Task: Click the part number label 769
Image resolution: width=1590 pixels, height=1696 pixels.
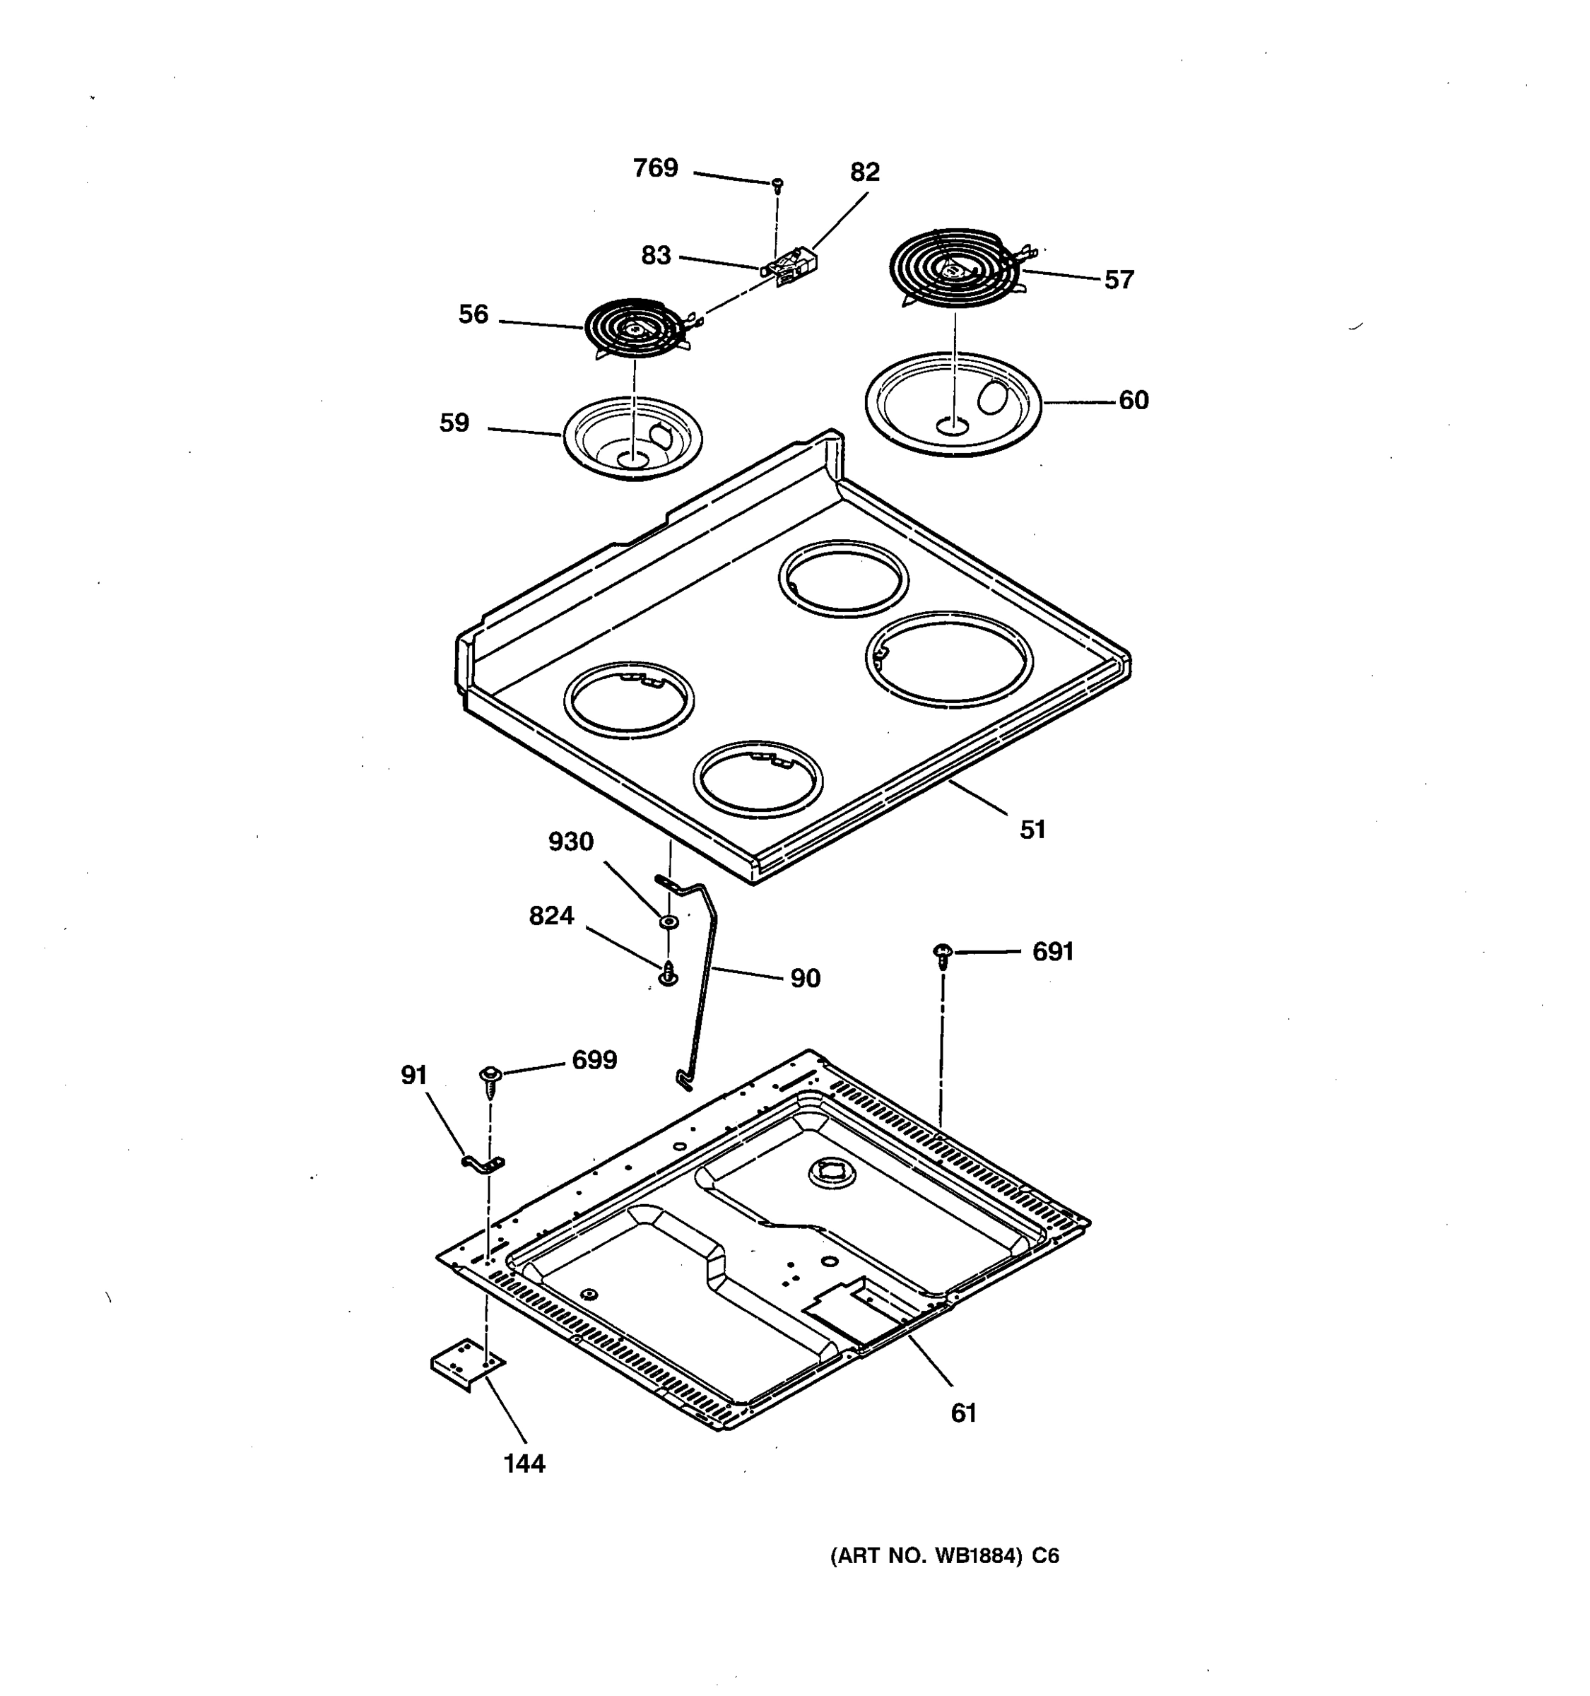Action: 655,168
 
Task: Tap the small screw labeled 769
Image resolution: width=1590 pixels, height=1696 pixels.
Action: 777,184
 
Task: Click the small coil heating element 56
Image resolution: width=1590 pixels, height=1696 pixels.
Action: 634,328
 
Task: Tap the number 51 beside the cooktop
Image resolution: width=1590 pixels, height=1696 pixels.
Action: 1032,829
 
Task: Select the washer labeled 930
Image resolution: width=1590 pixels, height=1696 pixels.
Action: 669,921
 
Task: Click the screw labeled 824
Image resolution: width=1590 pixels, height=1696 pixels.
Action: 669,973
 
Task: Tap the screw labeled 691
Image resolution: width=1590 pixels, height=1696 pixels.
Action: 943,954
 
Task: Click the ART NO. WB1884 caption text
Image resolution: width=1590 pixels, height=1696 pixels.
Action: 944,1556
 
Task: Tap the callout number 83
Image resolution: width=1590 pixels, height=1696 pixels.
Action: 655,255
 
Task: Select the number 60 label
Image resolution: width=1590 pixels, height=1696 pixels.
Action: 1133,400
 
